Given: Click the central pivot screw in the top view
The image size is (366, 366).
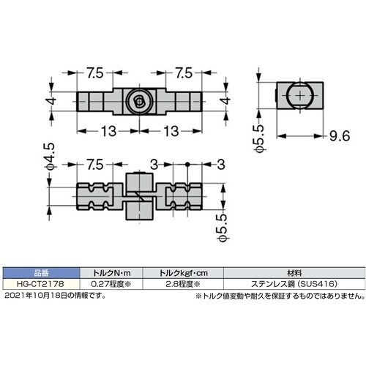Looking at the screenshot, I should [137, 103].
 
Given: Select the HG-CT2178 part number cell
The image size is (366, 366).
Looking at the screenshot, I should [37, 278].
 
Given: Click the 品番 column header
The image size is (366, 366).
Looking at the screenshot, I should [37, 269].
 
